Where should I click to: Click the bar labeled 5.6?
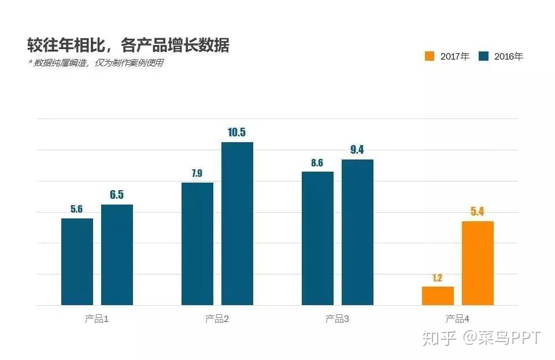pos(77,261)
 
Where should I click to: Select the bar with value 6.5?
pos(117,254)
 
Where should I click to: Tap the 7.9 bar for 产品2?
pos(197,243)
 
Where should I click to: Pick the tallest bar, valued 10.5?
pos(237,223)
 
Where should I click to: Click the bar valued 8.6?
pos(317,238)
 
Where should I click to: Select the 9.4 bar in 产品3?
pos(357,232)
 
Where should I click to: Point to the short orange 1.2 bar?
pos(438,295)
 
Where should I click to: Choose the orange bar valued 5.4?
pos(478,263)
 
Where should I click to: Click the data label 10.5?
pos(237,132)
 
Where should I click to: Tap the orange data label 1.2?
pos(438,277)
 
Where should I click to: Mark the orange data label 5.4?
pos(478,211)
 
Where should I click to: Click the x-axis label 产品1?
pos(97,319)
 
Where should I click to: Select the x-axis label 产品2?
pos(217,319)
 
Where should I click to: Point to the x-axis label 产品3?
pos(337,319)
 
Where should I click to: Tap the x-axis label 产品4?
pos(457,319)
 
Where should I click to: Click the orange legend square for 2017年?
pos(430,57)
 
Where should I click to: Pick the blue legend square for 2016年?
pos(484,57)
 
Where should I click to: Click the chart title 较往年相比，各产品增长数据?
pos(128,45)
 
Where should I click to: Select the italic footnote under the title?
pos(96,63)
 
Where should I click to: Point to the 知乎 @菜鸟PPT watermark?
pos(481,337)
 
